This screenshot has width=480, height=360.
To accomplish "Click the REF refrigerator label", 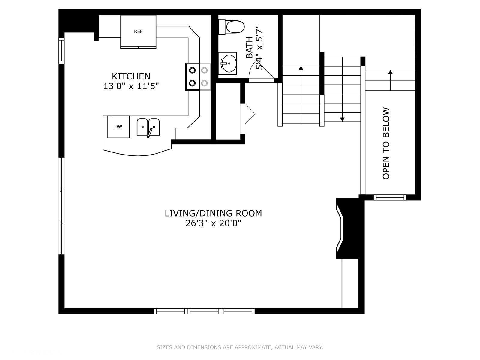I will (138, 31).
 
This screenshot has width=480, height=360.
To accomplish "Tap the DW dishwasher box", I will (118, 127).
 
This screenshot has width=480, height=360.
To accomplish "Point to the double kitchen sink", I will (148, 127).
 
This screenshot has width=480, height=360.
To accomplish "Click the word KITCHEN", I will (131, 76).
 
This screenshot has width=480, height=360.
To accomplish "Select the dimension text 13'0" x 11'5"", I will (131, 86).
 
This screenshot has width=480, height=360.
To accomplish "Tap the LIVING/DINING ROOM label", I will (213, 213).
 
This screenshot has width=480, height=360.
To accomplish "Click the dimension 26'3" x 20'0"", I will (213, 223).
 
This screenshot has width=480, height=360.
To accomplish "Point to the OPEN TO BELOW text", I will (386, 143).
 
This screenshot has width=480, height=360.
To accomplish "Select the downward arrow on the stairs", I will (342, 119).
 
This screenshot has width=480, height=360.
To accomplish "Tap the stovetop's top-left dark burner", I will (192, 70).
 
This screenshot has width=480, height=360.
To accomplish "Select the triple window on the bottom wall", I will (204, 311).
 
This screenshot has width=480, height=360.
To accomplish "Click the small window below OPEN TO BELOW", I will (390, 197).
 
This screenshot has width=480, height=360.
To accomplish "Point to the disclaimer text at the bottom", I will (240, 347).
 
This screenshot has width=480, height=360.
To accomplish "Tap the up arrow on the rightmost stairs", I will (390, 72).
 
